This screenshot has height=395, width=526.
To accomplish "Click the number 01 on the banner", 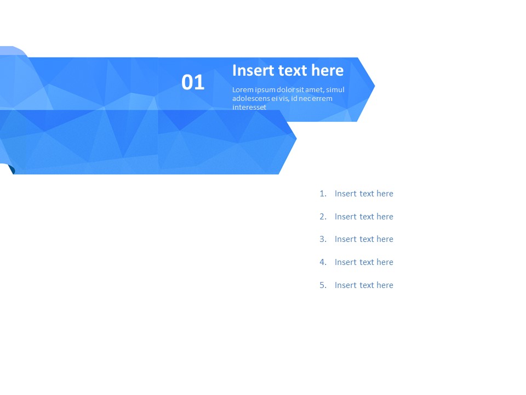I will pyautogui.click(x=193, y=82).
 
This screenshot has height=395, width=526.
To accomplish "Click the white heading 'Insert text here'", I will pyautogui.click(x=288, y=70).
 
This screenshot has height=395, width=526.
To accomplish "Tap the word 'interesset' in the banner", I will pyautogui.click(x=249, y=108).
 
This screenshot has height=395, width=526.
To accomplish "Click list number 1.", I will pyautogui.click(x=323, y=194).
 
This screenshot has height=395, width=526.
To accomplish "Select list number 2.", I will pyautogui.click(x=323, y=217).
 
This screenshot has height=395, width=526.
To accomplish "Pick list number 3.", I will pyautogui.click(x=323, y=239).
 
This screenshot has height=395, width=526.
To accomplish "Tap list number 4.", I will pyautogui.click(x=323, y=262).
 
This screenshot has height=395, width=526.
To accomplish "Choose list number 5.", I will pyautogui.click(x=323, y=285).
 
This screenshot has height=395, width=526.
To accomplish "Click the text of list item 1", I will pyautogui.click(x=364, y=194).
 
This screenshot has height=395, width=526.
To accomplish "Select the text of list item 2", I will pyautogui.click(x=364, y=217).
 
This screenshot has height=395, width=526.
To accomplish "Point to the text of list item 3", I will pyautogui.click(x=364, y=239).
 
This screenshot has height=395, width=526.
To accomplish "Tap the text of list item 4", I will pyautogui.click(x=364, y=262).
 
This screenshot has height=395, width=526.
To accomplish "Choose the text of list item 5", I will pyautogui.click(x=364, y=285).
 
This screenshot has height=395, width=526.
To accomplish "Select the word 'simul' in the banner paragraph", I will pyautogui.click(x=335, y=90).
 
